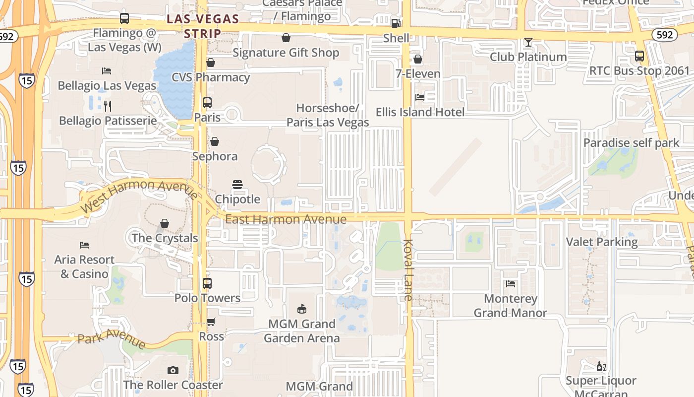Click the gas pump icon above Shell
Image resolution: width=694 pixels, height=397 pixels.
(x=396, y=23)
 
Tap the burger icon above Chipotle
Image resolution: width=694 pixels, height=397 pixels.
(x=237, y=185)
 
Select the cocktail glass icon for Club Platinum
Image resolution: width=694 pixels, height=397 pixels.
(x=528, y=42)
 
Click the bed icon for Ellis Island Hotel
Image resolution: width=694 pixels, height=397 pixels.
(x=420, y=97)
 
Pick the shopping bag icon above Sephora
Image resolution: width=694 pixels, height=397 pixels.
(x=215, y=142)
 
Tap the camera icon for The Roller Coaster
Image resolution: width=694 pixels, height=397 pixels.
(x=173, y=370)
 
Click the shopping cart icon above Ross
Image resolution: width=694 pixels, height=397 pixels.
(x=211, y=322)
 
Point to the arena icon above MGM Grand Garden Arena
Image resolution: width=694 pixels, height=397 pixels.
(x=301, y=309)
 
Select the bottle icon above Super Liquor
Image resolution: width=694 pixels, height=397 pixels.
(x=601, y=367)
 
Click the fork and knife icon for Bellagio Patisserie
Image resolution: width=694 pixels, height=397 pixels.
(x=108, y=106)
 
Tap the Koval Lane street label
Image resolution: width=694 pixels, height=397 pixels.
(x=408, y=270)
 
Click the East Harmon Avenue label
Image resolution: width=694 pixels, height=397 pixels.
(x=286, y=219)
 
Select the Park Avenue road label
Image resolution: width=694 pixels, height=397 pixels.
(x=112, y=340)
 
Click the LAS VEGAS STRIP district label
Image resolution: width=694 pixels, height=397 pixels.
(x=203, y=26)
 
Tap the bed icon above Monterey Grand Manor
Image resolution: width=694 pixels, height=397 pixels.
(x=511, y=284)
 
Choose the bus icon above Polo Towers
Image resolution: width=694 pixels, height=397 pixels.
(x=207, y=283)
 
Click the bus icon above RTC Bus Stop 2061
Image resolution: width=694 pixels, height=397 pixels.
(x=639, y=56)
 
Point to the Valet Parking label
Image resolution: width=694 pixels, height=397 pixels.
(x=602, y=242)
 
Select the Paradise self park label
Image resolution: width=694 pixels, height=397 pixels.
(x=631, y=143)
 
